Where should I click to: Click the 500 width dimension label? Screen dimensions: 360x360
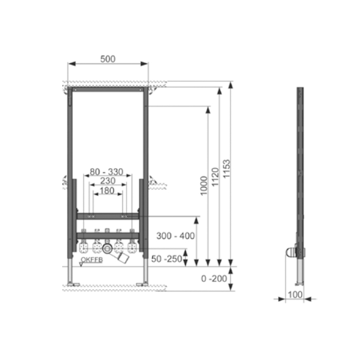coord(108,59)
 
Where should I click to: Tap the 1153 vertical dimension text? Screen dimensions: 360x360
coord(227,169)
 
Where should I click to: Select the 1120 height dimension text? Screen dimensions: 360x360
coord(215,177)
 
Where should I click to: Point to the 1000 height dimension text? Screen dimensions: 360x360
coord(204,186)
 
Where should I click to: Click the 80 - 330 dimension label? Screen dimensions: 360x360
coord(106,172)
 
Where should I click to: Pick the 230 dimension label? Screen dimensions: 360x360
coord(108,181)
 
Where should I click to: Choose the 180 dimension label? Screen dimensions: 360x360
coord(107,191)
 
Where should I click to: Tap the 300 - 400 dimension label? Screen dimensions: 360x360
coord(175,236)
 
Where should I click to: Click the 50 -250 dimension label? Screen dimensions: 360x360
coord(167,259)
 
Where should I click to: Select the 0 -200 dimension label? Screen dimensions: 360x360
coord(214,279)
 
